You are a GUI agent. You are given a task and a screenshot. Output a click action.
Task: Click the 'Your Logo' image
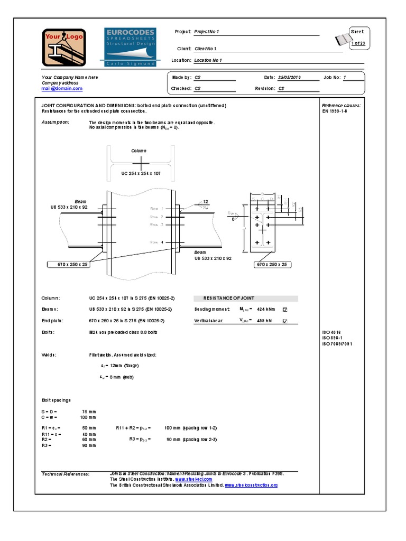pyautogui.click(x=64, y=48)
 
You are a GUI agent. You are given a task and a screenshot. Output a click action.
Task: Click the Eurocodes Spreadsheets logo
pyautogui.click(x=130, y=48)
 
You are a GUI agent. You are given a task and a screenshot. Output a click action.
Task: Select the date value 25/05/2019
pyautogui.click(x=290, y=77)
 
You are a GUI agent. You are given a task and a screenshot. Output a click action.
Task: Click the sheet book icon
pyautogui.click(x=344, y=40)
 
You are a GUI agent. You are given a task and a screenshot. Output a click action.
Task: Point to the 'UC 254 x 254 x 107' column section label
pyautogui.click(x=141, y=173)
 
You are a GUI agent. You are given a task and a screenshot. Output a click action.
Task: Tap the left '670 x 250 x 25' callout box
pyautogui.click(x=68, y=264)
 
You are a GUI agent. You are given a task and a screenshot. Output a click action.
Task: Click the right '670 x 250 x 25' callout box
pyautogui.click(x=272, y=264)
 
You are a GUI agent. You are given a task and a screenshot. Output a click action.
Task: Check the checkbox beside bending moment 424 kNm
pyautogui.click(x=285, y=310)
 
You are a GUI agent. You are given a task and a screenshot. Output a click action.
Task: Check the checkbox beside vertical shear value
pyautogui.click(x=285, y=321)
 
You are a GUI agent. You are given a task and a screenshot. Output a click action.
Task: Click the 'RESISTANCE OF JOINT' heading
pyautogui.click(x=229, y=299)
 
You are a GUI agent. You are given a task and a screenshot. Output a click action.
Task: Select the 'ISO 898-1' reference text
pyautogui.click(x=333, y=338)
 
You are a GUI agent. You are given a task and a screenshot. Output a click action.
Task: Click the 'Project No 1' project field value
pyautogui.click(x=207, y=32)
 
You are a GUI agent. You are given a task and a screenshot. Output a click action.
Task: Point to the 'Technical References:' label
pyautogui.click(x=66, y=474)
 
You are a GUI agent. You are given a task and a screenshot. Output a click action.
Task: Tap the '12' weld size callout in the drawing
pyautogui.click(x=206, y=201)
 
